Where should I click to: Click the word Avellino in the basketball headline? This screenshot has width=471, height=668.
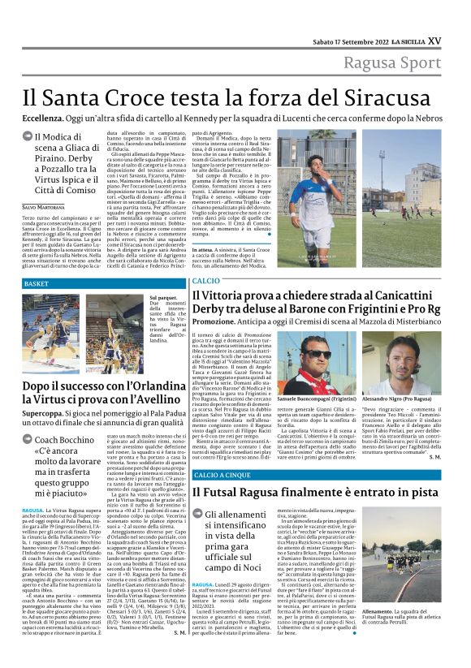pyautogui.click(x=151, y=388)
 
